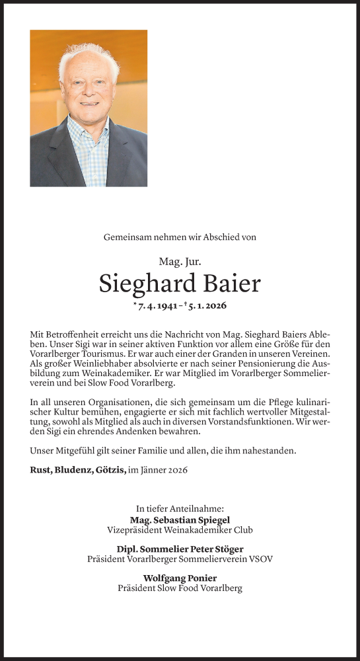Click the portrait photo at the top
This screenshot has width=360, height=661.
(89, 108)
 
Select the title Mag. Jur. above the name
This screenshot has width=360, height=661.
(180, 261)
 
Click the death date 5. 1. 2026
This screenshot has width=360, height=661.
(204, 306)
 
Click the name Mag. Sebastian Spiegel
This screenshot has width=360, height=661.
(180, 520)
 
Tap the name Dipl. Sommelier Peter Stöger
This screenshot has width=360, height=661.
(180, 549)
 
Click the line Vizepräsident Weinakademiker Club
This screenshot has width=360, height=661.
(180, 530)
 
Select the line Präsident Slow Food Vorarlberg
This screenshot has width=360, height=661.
(180, 588)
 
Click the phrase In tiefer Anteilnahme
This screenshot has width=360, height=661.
(180, 509)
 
